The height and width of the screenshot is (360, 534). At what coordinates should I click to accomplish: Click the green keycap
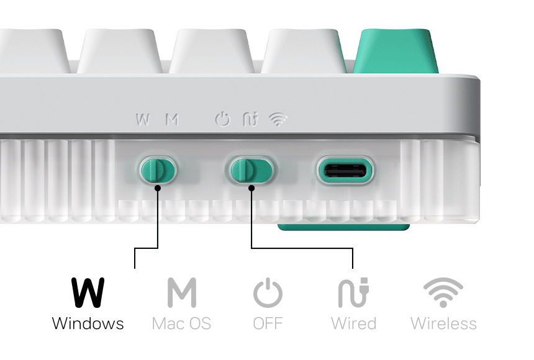click(x=396, y=51)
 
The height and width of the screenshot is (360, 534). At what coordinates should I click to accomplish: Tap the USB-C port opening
click(x=345, y=171)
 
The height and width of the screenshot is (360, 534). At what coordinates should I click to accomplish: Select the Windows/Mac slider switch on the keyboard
click(x=158, y=170)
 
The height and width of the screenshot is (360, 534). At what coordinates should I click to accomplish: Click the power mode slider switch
click(x=251, y=170)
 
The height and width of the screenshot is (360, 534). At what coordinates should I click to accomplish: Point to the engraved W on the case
click(x=143, y=120)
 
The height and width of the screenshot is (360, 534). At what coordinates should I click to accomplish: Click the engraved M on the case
click(x=172, y=120)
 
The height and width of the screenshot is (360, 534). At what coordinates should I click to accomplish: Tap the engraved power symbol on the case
click(x=223, y=119)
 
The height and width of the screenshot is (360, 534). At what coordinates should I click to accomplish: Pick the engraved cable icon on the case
click(x=250, y=119)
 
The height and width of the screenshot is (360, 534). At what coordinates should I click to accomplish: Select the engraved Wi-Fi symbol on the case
click(x=278, y=120)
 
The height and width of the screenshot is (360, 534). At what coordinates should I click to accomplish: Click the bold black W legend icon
click(x=88, y=292)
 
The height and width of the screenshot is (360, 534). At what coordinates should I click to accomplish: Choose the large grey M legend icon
click(x=182, y=292)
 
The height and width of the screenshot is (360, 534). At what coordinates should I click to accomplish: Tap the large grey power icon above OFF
click(x=268, y=292)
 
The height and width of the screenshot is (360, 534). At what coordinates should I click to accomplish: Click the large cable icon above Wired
click(x=353, y=292)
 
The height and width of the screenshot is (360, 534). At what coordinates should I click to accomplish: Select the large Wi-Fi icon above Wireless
click(x=443, y=292)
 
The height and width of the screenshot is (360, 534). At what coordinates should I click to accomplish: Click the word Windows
click(x=88, y=323)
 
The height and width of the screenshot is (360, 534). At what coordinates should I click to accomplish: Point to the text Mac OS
click(x=181, y=323)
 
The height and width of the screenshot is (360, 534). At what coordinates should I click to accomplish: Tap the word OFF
click(x=268, y=323)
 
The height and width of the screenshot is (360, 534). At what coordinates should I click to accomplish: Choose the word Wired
click(x=353, y=323)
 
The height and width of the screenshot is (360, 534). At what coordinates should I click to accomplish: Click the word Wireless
click(x=443, y=323)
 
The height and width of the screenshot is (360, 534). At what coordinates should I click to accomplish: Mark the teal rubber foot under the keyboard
click(x=344, y=227)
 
